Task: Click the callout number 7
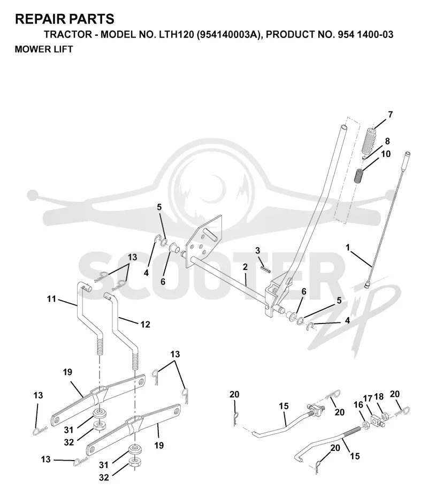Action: tap(391, 115)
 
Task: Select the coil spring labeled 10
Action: tap(358, 176)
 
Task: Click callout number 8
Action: tap(387, 141)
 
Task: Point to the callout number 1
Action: tap(348, 247)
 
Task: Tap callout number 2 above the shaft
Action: tap(245, 267)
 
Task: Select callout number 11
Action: tap(51, 299)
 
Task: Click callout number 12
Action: tap(145, 324)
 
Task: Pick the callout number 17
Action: tap(368, 398)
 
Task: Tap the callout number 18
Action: tap(379, 396)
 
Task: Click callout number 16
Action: tap(358, 404)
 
